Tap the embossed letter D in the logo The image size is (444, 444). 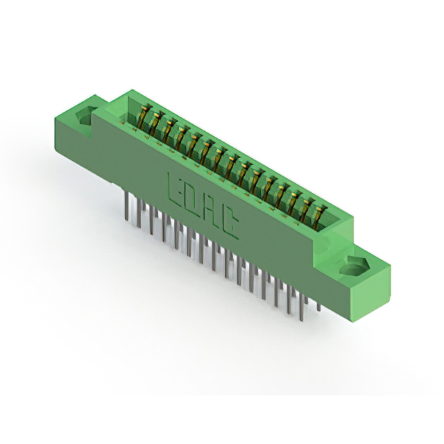[x=193, y=200]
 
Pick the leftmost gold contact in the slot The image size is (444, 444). [x=144, y=116]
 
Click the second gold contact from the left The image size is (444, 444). [x=156, y=122]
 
